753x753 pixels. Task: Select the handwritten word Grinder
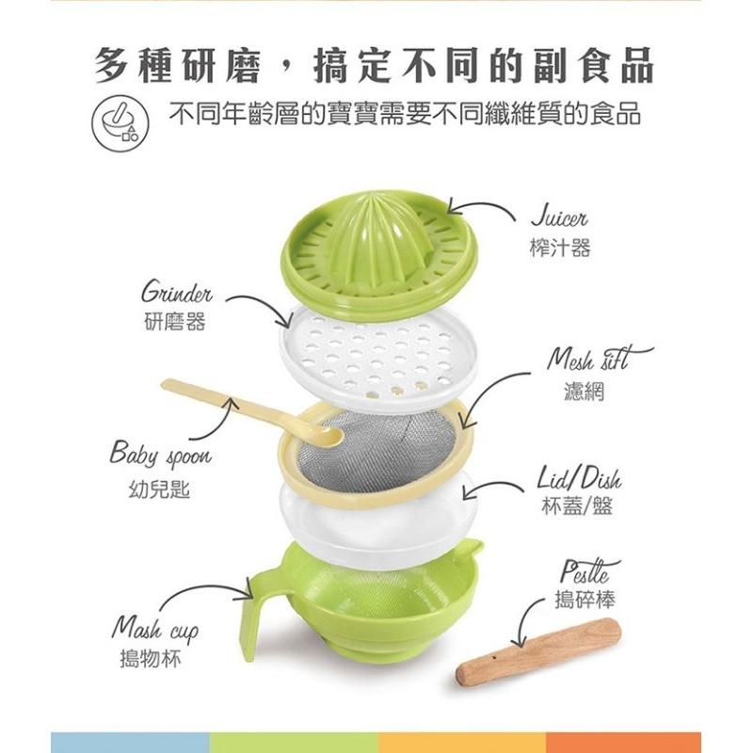(177, 292)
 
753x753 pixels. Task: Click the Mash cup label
(155, 628)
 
